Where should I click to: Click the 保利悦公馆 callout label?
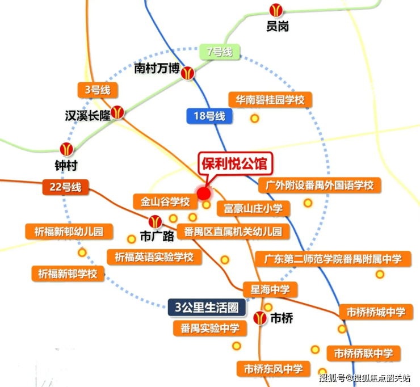coord(232,165)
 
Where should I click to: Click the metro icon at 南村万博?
coord(188,72)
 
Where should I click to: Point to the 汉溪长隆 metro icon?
coord(118,112)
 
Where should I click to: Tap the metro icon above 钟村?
coord(67,150)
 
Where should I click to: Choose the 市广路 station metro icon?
coord(154,221)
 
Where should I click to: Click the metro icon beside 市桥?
coord(259,318)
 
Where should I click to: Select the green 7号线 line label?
coord(220,52)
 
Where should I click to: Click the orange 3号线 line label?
coord(97,89)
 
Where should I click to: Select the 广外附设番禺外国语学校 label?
coord(320,185)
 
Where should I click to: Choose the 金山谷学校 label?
coord(161,201)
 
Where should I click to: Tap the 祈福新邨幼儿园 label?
coord(69,232)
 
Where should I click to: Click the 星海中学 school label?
coord(270,289)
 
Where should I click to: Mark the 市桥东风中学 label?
coord(274,368)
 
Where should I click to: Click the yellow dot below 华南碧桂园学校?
coord(255,119)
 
